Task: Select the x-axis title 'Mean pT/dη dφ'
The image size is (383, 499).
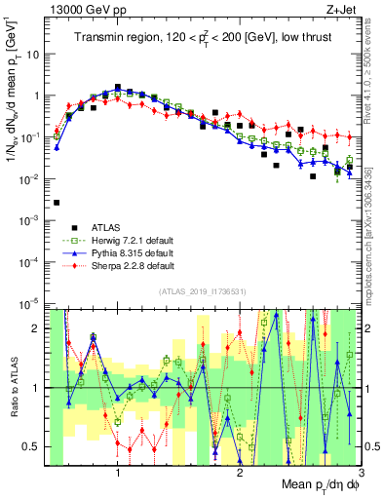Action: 320,484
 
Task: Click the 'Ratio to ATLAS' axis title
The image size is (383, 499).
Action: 13,387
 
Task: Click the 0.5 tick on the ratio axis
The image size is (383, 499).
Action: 35,446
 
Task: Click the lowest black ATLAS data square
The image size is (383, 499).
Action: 57,203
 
